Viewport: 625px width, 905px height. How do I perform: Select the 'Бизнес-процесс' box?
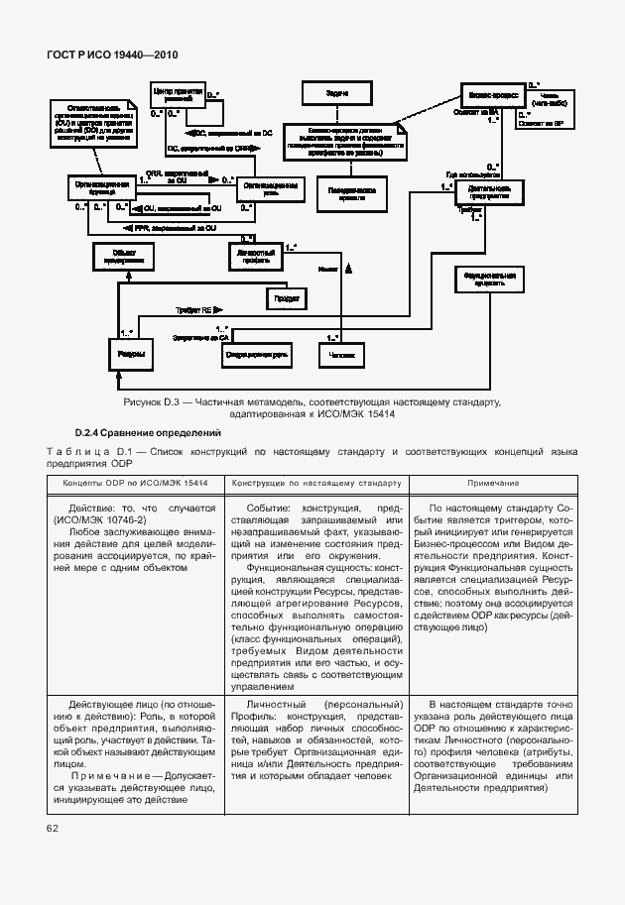[x=490, y=97]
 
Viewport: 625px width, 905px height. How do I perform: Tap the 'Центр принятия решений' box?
[x=176, y=97]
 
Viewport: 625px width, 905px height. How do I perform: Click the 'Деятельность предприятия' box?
[x=489, y=191]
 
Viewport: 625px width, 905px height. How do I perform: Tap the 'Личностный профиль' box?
[x=254, y=256]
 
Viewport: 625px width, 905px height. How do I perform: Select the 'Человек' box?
[x=340, y=353]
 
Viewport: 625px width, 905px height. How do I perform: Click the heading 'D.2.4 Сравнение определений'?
[x=148, y=433]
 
